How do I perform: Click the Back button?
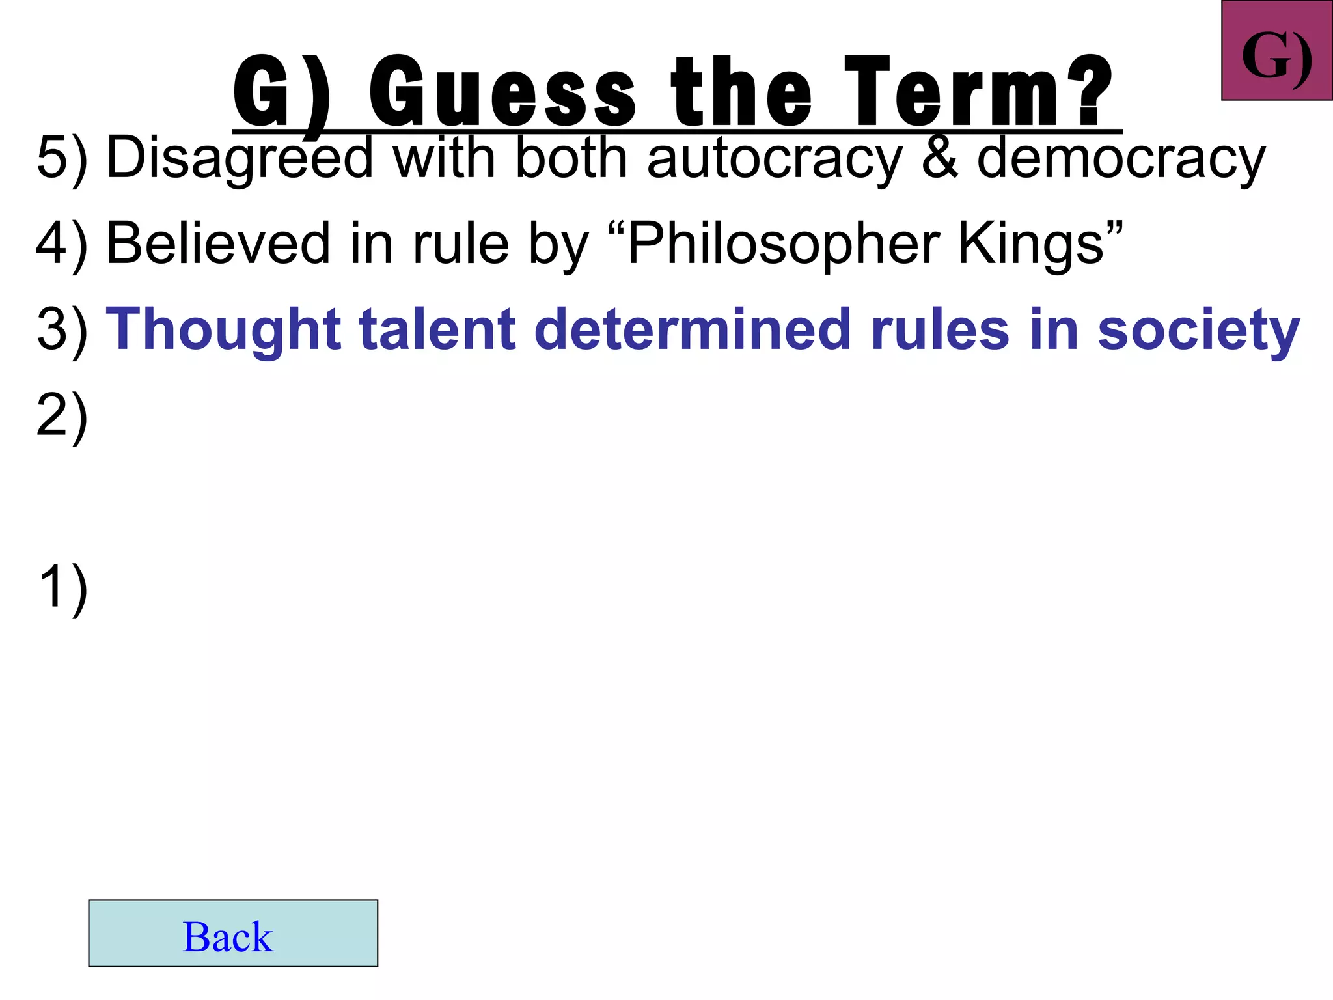(233, 934)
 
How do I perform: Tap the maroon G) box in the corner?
(1276, 51)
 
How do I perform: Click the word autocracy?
(775, 158)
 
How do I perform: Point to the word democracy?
(1121, 158)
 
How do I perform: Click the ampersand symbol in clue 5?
(940, 158)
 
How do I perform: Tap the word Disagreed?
(240, 158)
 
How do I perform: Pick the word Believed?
(218, 244)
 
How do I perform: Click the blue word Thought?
(224, 329)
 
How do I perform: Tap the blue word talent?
(438, 329)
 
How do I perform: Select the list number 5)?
(62, 158)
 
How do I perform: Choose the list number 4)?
(62, 244)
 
